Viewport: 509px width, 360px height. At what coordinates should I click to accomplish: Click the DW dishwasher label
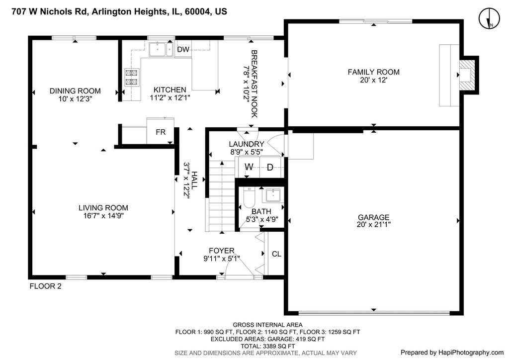point(183,49)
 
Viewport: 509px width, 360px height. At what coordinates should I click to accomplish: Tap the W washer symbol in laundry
point(249,167)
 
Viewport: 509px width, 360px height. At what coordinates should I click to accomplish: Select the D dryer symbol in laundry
point(270,168)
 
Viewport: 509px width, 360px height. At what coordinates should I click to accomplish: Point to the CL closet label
point(276,254)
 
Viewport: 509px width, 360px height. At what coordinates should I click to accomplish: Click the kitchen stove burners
point(132,77)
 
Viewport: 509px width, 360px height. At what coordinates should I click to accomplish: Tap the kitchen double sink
point(161,50)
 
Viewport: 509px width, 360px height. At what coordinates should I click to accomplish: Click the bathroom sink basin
point(273,195)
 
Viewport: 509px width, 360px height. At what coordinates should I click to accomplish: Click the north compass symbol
point(489,18)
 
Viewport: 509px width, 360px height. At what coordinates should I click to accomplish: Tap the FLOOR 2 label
point(45,286)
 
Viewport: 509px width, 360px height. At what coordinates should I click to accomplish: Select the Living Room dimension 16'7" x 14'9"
point(103,215)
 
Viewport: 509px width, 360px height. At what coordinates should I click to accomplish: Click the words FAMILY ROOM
point(374,72)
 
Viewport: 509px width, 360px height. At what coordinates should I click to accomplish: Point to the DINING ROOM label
point(75,91)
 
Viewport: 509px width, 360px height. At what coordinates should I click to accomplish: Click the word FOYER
point(221,251)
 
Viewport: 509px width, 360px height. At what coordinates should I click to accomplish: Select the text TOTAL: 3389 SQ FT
point(267,346)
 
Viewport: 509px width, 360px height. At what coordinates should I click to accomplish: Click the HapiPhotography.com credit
point(452,353)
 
